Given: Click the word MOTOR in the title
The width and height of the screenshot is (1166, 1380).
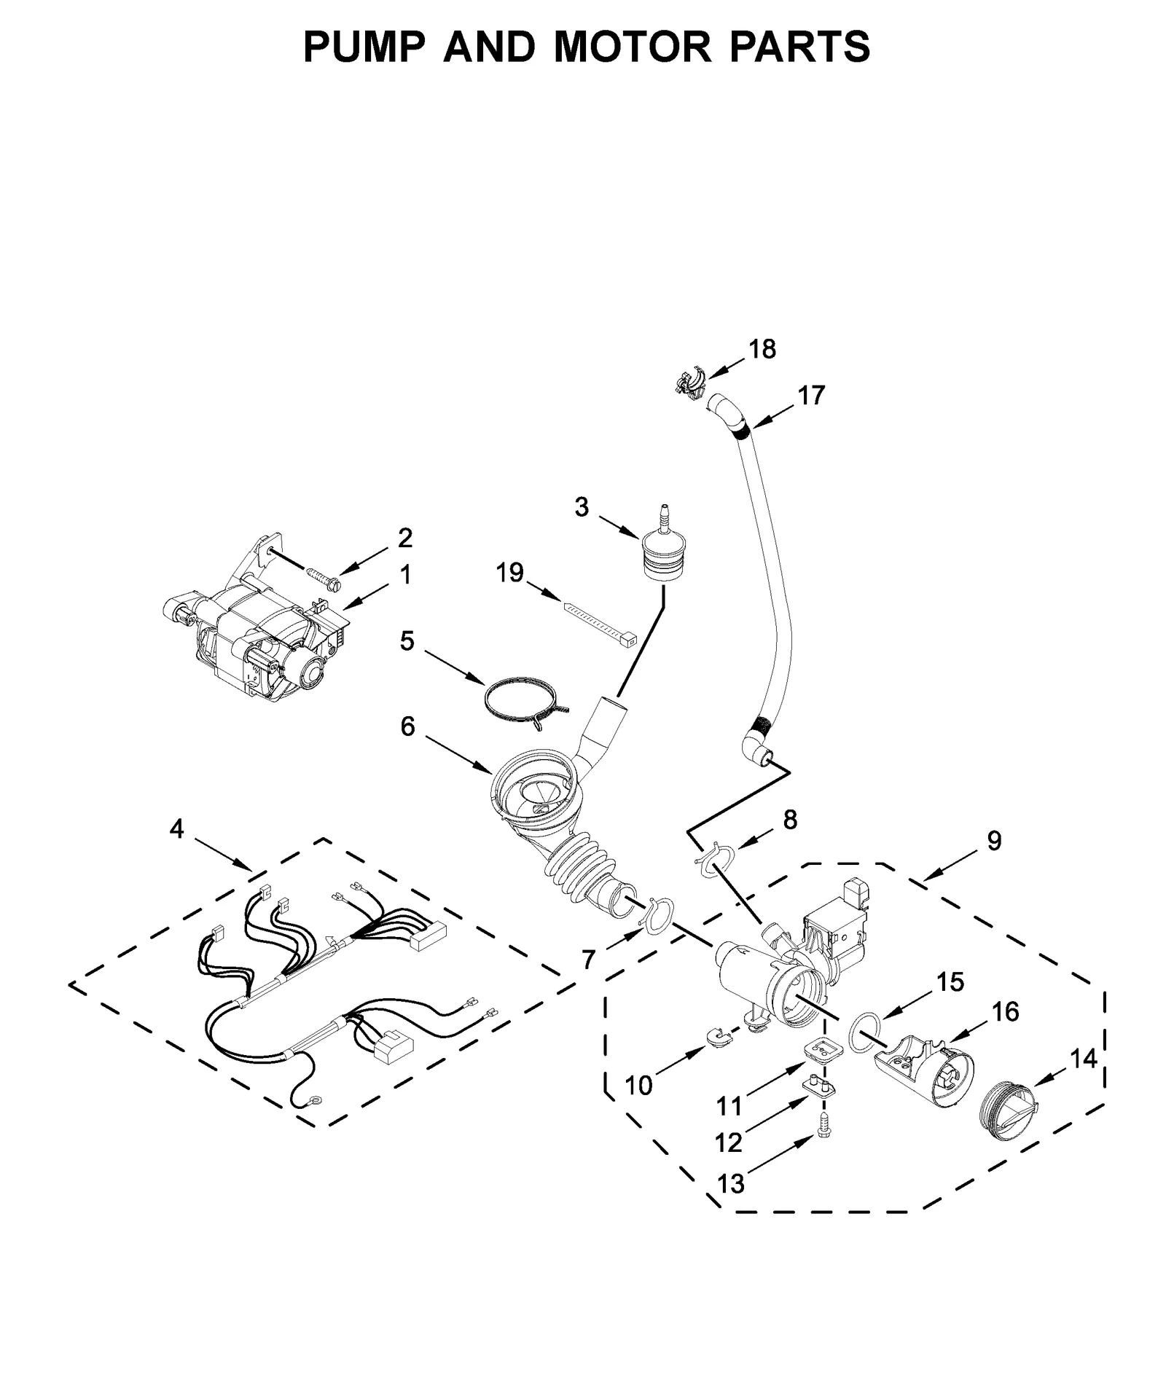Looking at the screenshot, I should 632,47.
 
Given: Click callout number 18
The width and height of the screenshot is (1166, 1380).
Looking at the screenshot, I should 762,349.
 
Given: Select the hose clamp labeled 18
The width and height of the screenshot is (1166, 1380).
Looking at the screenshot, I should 689,382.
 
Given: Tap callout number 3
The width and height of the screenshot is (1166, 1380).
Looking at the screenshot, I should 581,507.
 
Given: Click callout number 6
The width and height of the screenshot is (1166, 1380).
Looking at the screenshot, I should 407,726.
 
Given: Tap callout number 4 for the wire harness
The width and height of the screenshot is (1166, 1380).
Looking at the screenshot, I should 176,828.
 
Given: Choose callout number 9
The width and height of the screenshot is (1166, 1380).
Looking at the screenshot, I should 994,841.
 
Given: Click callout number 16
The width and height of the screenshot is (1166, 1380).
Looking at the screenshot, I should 1005,1011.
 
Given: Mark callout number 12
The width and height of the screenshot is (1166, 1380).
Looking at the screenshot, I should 728,1142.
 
